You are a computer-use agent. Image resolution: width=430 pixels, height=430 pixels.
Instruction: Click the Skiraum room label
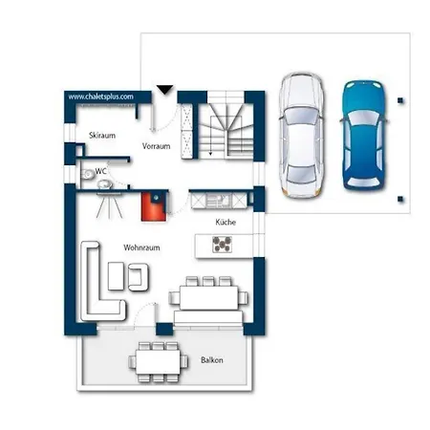(x=102, y=136)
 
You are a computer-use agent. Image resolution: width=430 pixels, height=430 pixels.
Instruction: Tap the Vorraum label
(x=156, y=146)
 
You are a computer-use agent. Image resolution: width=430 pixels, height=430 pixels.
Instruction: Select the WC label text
(x=100, y=171)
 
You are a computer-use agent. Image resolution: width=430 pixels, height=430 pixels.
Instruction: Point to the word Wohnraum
(x=141, y=247)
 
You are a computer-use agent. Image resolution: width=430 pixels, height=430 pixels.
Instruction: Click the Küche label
(x=226, y=222)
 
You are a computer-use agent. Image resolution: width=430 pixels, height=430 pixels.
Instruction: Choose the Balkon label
(x=212, y=360)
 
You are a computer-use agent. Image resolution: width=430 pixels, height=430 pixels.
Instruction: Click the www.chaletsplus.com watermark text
(x=100, y=97)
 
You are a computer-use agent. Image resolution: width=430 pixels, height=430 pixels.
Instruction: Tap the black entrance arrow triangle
(x=165, y=90)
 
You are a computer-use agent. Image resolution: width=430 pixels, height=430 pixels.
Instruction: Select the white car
(x=302, y=136)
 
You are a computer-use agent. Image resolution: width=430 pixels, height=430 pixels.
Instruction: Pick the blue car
(x=364, y=136)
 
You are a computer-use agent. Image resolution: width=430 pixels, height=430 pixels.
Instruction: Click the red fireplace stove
(x=154, y=206)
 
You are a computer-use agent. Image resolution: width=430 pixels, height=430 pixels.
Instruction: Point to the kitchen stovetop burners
(x=222, y=245)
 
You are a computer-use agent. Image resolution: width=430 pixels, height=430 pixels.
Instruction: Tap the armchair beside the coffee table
(x=139, y=277)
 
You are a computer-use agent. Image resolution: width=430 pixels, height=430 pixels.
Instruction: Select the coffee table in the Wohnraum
(x=116, y=276)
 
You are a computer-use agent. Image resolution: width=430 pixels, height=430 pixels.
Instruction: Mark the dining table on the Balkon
(x=158, y=362)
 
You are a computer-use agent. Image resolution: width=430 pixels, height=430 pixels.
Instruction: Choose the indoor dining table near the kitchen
(x=208, y=297)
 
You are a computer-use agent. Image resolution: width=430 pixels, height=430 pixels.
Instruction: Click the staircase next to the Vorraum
(x=226, y=127)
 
